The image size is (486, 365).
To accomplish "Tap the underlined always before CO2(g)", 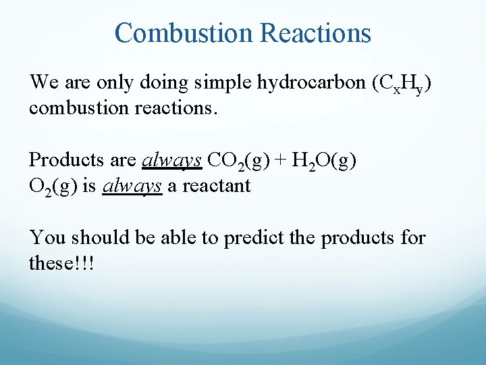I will point(172,160).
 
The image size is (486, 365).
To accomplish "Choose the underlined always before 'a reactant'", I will point(132,185).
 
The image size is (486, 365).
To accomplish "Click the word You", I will point(48,237).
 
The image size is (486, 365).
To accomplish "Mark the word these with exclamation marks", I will point(61,262).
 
